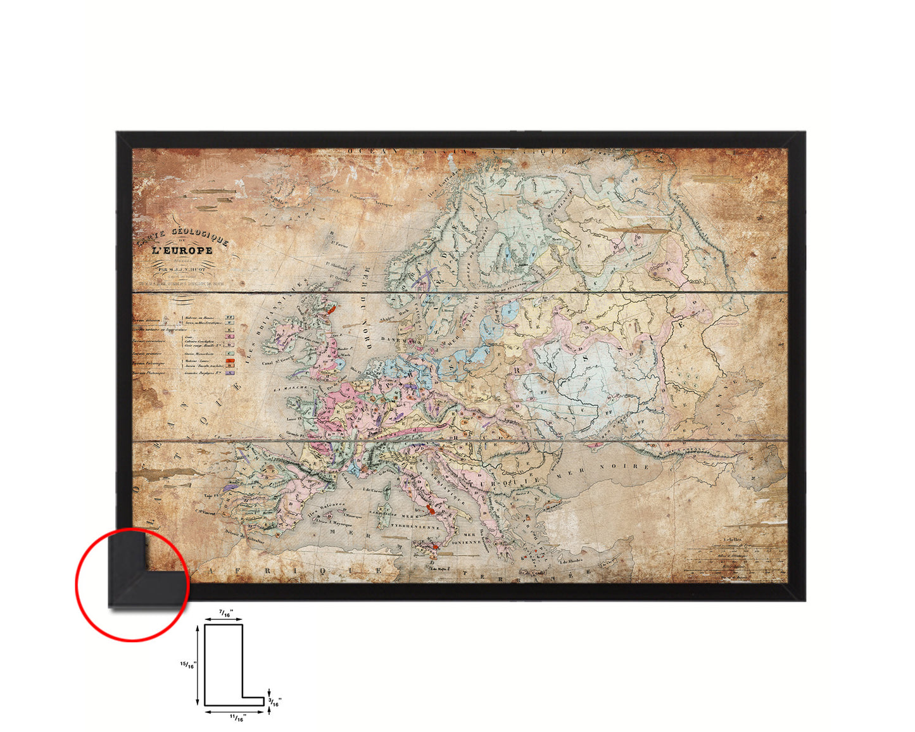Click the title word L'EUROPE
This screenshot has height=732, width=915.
point(182,250)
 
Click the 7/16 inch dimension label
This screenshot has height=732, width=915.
point(225,613)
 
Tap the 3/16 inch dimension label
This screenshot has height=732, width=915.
point(275,700)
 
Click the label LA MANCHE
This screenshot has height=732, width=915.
point(293,388)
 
